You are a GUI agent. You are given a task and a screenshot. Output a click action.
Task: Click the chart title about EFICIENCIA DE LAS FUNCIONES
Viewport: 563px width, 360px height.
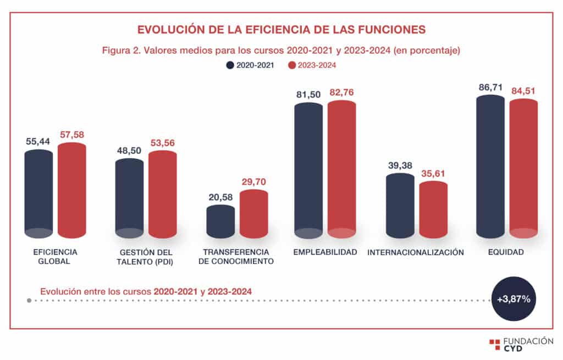pyautogui.click(x=281, y=29)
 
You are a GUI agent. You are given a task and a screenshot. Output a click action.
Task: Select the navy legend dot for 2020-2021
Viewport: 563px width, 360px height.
pyautogui.click(x=230, y=65)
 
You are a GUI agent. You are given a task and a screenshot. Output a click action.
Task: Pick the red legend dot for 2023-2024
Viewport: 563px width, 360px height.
pyautogui.click(x=291, y=65)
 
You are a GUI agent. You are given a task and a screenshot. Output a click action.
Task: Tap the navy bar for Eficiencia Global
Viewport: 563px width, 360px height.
pyautogui.click(x=39, y=192)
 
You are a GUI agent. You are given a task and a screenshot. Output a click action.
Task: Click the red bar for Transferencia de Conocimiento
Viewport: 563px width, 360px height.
pyautogui.click(x=253, y=214)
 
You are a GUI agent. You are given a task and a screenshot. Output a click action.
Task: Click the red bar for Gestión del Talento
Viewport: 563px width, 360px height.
pyautogui.click(x=163, y=195)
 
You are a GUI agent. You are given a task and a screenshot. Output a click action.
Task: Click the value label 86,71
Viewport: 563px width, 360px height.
pyautogui.click(x=490, y=87)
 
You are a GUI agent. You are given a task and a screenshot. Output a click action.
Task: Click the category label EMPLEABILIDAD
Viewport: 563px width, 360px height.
pyautogui.click(x=325, y=252)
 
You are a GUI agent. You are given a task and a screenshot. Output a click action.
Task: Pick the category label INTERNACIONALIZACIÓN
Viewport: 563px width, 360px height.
pyautogui.click(x=416, y=253)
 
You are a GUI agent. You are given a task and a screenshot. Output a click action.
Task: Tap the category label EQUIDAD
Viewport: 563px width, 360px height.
pyautogui.click(x=506, y=252)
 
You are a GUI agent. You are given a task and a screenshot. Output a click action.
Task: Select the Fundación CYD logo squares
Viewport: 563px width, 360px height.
pyautogui.click(x=494, y=345)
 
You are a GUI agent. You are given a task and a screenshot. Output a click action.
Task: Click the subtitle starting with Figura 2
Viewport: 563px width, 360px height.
pyautogui.click(x=281, y=50)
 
